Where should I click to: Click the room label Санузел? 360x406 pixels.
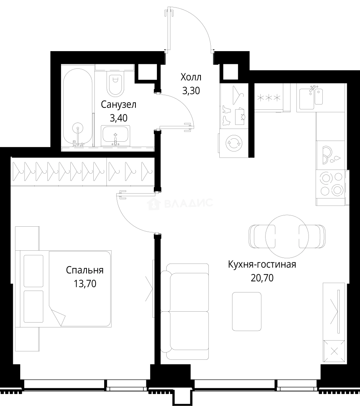[118, 105]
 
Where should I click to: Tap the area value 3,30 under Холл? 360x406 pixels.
[191, 91]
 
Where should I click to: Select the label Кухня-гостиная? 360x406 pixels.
[262, 265]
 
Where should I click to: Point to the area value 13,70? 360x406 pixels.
[85, 284]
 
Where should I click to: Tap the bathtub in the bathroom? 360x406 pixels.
[78, 108]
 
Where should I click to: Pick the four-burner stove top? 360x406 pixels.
[331, 184]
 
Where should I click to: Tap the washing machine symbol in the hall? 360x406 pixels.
[234, 143]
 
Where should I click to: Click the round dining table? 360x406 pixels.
[287, 236]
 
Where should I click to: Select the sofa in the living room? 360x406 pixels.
[185, 312]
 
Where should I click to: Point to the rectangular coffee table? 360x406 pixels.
[246, 312]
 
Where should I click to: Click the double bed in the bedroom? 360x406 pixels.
[64, 289]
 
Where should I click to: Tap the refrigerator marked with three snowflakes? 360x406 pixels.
[269, 98]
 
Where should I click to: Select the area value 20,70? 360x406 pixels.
[262, 278]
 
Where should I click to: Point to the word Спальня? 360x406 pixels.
[85, 270]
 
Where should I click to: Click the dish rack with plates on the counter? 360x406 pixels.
[330, 155]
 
